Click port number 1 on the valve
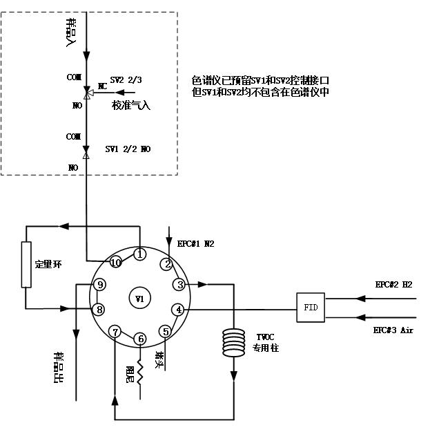[x=139, y=254]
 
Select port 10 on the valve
[x=115, y=263]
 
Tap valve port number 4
[x=179, y=310]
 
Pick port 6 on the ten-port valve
[x=140, y=339]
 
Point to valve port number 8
[x=100, y=309]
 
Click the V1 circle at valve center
[x=139, y=299]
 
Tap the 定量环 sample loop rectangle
[x=26, y=264]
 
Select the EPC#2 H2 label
[x=393, y=284]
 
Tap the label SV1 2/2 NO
[x=128, y=149]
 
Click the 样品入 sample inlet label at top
[x=70, y=32]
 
